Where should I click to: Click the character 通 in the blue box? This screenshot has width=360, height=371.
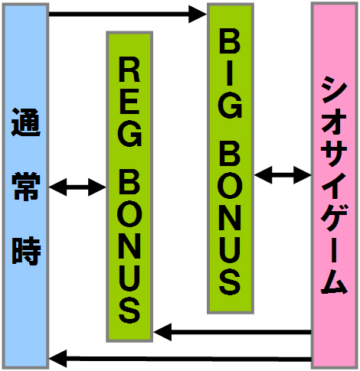[26, 122]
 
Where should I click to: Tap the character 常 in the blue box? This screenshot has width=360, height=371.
[26, 186]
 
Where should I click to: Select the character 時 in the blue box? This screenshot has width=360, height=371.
[26, 251]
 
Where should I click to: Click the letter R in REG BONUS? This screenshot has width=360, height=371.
[129, 71]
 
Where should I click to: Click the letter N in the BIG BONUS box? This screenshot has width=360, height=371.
[230, 220]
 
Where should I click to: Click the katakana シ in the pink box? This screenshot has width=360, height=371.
[334, 89]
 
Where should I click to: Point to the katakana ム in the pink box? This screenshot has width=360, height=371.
[334, 281]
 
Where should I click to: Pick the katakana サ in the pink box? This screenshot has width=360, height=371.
[334, 154]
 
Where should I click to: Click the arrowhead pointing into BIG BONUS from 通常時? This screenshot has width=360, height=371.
[198, 14]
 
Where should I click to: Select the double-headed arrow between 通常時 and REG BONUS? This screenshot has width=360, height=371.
[77, 187]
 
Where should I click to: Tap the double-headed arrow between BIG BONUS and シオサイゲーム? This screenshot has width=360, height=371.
[283, 175]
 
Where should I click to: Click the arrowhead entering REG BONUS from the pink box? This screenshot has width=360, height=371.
[162, 332]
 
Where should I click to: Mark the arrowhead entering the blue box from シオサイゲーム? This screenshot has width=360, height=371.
[58, 359]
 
